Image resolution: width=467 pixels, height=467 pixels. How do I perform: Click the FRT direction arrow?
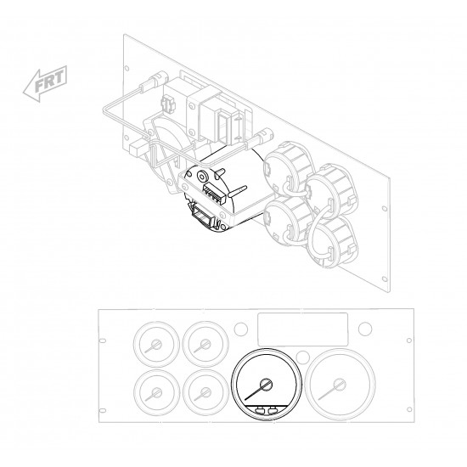pos(45,83)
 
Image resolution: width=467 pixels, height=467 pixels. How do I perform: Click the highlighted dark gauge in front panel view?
pos(267,384)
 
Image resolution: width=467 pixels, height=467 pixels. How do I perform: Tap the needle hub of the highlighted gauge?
pos(266,385)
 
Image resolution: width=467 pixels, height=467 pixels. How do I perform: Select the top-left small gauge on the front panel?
pos(156,344)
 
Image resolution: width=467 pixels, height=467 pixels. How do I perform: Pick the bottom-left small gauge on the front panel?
pos(156,392)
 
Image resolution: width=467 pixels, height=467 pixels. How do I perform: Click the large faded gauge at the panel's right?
pos(340,384)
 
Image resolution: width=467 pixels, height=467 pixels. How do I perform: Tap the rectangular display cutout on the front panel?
pos(302,329)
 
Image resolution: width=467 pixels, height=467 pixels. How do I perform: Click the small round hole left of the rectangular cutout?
pos(240,329)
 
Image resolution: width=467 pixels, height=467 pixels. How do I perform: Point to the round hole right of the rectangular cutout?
pos(365,329)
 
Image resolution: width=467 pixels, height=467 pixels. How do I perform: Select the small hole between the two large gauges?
pos(303,357)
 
